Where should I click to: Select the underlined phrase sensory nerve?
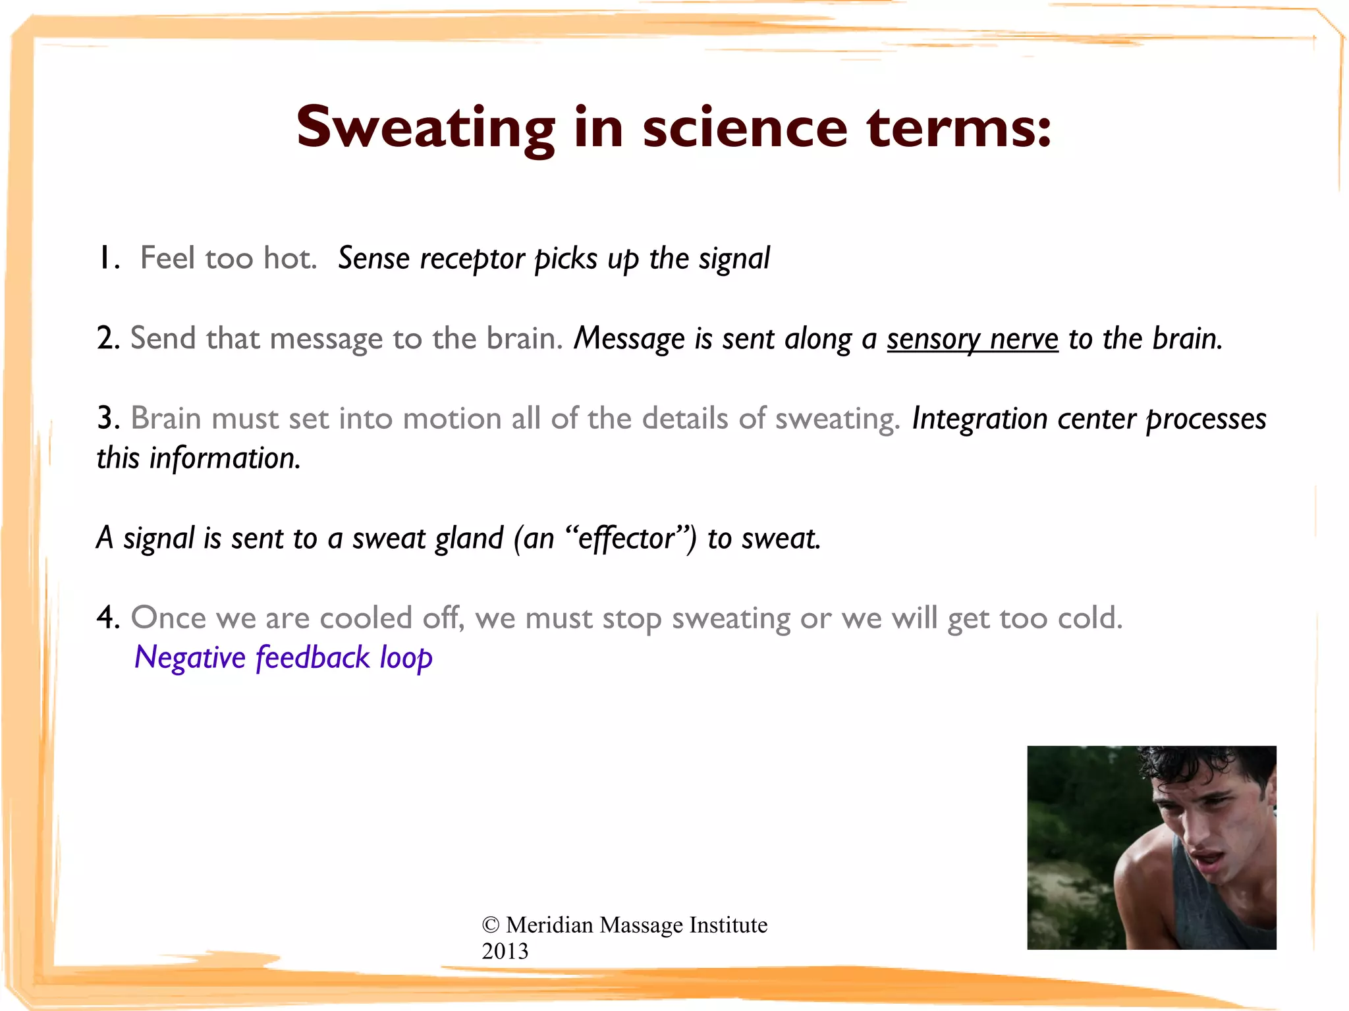click(x=972, y=339)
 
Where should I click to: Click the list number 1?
click(x=105, y=258)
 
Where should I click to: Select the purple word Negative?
click(x=190, y=658)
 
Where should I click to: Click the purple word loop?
click(x=406, y=658)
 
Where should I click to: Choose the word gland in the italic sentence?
click(x=469, y=538)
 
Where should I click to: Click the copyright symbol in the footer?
click(x=490, y=925)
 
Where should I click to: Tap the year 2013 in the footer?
click(x=505, y=951)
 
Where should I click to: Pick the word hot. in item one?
click(x=290, y=258)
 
